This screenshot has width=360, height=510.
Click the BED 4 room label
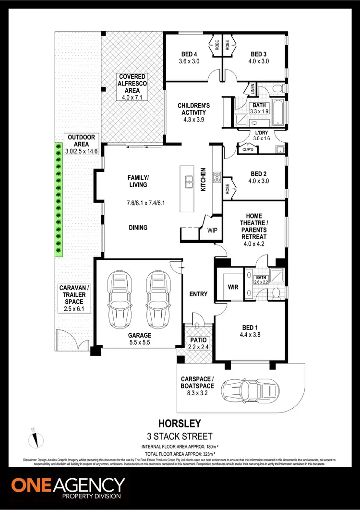pyautogui.click(x=186, y=53)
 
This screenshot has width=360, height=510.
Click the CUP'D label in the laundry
pyautogui.click(x=248, y=149)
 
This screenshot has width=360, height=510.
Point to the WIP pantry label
pyautogui.click(x=212, y=230)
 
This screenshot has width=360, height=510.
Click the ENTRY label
pyautogui.click(x=198, y=294)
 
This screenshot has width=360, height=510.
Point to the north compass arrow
pyautogui.click(x=35, y=437)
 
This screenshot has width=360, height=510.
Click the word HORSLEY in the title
pyautogui.click(x=180, y=424)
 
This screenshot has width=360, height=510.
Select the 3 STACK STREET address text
pyautogui.click(x=180, y=436)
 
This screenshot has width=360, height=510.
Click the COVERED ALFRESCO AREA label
pyautogui.click(x=132, y=87)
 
